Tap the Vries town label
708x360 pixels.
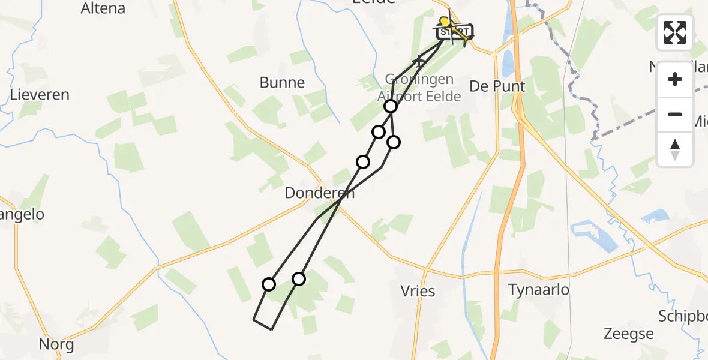(418, 291)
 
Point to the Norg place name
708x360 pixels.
(56, 344)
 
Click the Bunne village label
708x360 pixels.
(282, 83)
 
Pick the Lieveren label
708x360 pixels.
(40, 95)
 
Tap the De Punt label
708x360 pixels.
(497, 86)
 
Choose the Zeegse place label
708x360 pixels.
(629, 334)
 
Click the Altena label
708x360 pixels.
(103, 8)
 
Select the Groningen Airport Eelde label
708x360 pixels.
(419, 88)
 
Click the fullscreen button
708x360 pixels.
(675, 32)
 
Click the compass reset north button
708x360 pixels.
(675, 149)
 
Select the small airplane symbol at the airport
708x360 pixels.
(419, 60)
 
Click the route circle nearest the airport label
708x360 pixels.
(391, 107)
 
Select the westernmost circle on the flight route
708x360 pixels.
(269, 284)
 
